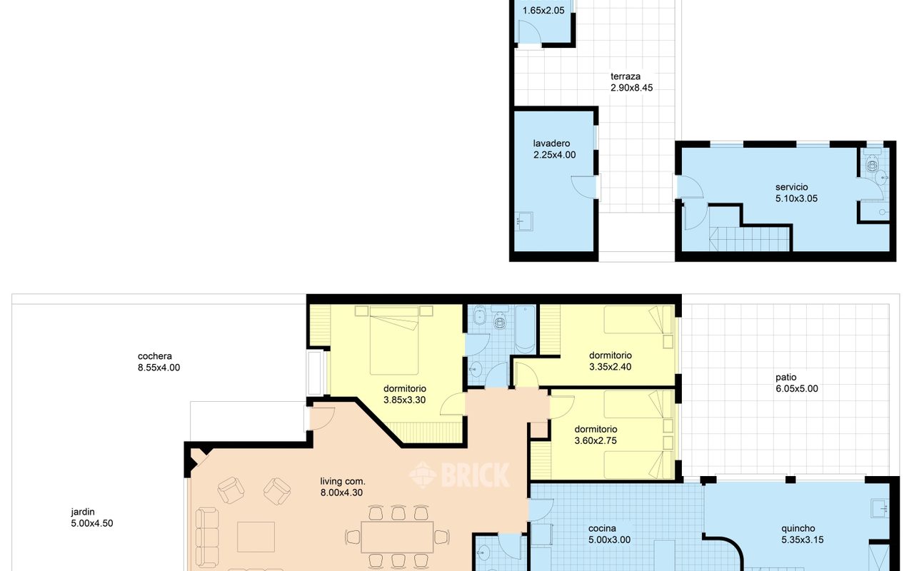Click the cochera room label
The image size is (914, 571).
[x=155, y=356]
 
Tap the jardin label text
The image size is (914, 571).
[x=83, y=512]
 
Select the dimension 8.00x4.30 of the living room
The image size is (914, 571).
[x=341, y=492]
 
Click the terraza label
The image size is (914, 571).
[x=626, y=76]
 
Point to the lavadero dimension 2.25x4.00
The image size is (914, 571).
[x=555, y=155]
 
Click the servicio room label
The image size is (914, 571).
[x=792, y=187]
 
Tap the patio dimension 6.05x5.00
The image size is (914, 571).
[x=797, y=389]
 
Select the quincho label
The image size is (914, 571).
[x=798, y=529]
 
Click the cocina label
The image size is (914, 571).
[x=602, y=529]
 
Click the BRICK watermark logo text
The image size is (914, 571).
[x=476, y=475]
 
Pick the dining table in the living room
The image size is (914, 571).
[x=397, y=537]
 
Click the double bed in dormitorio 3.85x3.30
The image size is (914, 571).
[x=394, y=340]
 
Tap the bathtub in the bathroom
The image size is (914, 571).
[x=525, y=329]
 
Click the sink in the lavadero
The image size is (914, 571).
[x=523, y=221]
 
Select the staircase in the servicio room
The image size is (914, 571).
[x=750, y=238]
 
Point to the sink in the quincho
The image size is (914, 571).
[x=880, y=508]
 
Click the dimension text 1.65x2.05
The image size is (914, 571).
[x=543, y=11]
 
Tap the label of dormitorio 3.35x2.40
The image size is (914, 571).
[x=611, y=355]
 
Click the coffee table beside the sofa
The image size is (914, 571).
[x=256, y=537]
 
